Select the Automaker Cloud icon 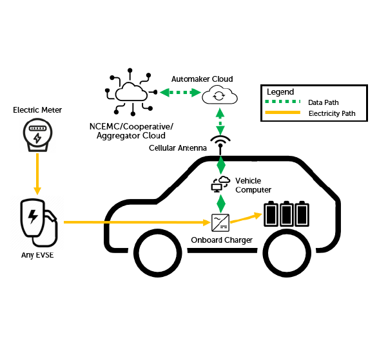(x=220, y=96)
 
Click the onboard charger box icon (x=221, y=223)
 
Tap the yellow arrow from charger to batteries (x=248, y=218)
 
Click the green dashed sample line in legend (x=283, y=102)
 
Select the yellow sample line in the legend (x=283, y=113)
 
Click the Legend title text (x=280, y=91)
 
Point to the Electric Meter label (x=37, y=110)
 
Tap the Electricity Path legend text (x=332, y=114)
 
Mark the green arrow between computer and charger (x=221, y=204)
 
